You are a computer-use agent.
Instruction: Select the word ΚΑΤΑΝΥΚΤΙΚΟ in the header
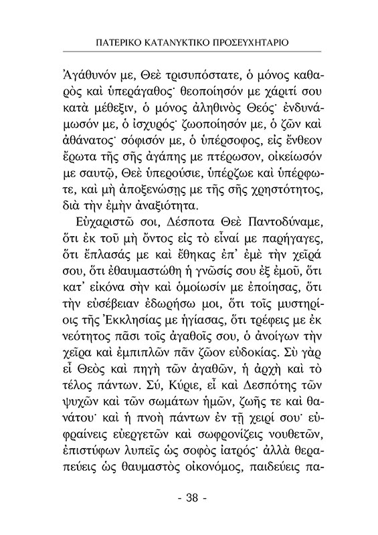(x=175, y=41)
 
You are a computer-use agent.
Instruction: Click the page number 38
(x=189, y=498)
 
